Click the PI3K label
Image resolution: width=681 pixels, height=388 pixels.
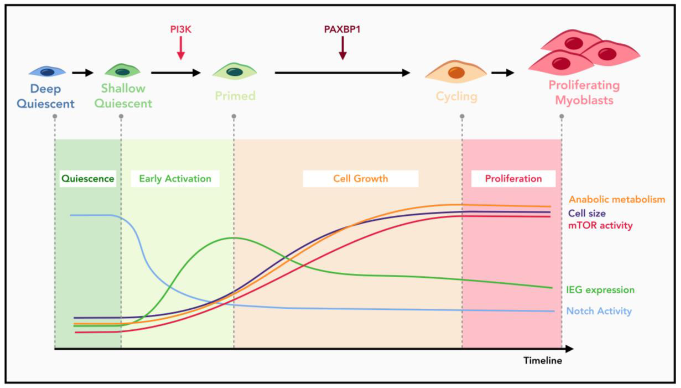tap(181, 29)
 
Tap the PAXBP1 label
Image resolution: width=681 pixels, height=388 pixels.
tap(342, 29)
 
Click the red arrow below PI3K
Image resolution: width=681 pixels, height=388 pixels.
tap(181, 48)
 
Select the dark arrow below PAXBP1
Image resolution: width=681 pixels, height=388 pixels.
tap(342, 48)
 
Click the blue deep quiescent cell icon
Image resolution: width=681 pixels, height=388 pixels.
tap(47, 72)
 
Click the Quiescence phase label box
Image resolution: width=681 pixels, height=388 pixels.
tap(88, 179)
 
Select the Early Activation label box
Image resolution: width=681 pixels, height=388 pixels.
tap(175, 179)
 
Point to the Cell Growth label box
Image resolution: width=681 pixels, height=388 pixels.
tap(360, 179)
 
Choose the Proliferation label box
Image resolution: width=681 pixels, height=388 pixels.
tap(513, 179)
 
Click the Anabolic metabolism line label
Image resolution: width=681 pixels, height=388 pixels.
tap(617, 199)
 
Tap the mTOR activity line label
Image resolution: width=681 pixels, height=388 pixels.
tap(600, 225)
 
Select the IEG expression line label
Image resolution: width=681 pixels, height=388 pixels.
tap(600, 290)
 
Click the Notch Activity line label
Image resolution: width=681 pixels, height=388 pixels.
tap(599, 311)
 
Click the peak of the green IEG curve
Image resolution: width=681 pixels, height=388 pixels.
tap(234, 237)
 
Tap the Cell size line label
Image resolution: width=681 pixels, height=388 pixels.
tap(587, 213)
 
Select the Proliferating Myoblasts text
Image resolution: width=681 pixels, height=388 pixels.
tap(584, 93)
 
